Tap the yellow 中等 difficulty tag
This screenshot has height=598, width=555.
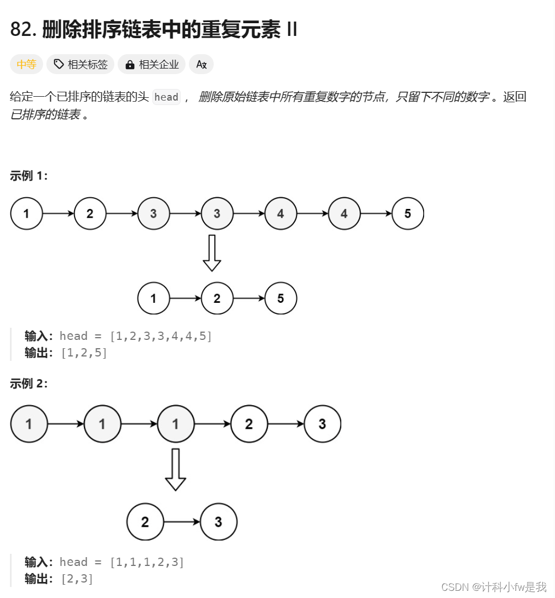pyautogui.click(x=26, y=65)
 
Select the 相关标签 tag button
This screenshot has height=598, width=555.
pyautogui.click(x=81, y=65)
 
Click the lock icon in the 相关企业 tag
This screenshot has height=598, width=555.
pyautogui.click(x=130, y=65)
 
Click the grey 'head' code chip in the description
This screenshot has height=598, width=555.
pyautogui.click(x=166, y=97)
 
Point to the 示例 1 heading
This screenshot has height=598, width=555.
pyautogui.click(x=29, y=176)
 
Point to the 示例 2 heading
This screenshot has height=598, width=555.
pyautogui.click(x=29, y=384)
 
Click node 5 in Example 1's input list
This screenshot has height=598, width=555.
pyautogui.click(x=408, y=213)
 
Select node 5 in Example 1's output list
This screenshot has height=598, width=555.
pyautogui.click(x=281, y=298)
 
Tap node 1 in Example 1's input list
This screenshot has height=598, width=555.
pyautogui.click(x=27, y=213)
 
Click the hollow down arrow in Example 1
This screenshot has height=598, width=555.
pyautogui.click(x=212, y=253)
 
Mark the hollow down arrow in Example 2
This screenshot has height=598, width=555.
pyautogui.click(x=176, y=469)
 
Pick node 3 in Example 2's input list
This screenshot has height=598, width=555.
pyautogui.click(x=322, y=424)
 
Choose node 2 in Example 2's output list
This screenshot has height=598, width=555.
pyautogui.click(x=145, y=522)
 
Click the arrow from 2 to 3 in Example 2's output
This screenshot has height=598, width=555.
pyautogui.click(x=182, y=522)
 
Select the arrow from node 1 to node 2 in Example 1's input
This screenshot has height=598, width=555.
pyautogui.click(x=58, y=213)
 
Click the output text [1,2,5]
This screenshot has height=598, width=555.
pyautogui.click(x=84, y=353)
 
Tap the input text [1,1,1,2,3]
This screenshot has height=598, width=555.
pyautogui.click(x=147, y=562)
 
